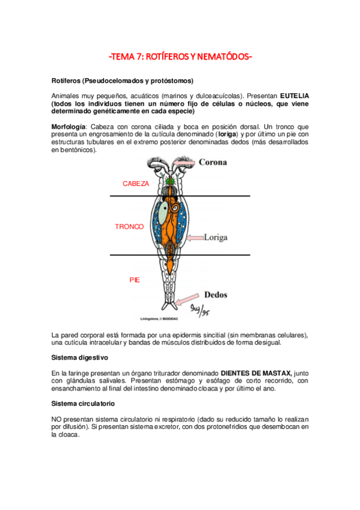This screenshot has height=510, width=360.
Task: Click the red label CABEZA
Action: pyautogui.click(x=136, y=183)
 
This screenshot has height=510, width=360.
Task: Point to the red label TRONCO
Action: pyautogui.click(x=129, y=227)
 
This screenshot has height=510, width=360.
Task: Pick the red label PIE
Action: pyautogui.click(x=135, y=280)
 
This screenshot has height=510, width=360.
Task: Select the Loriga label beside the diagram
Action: pyautogui.click(x=215, y=238)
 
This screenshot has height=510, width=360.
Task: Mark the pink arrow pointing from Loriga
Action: pyautogui.click(x=195, y=238)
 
